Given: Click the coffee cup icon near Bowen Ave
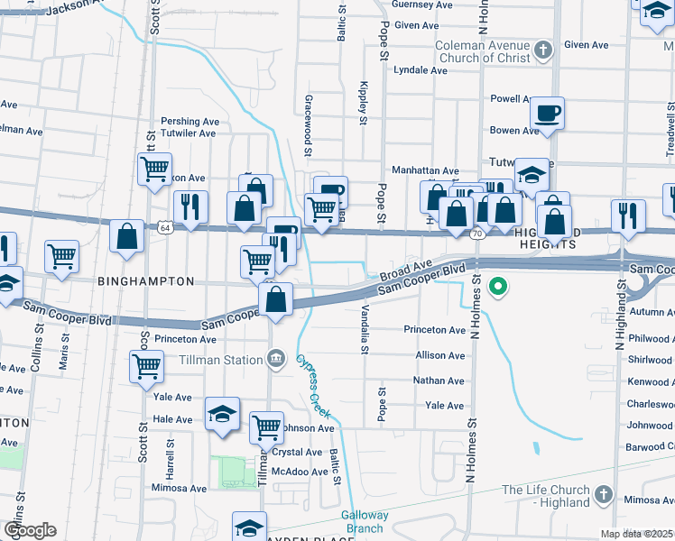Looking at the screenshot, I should (x=547, y=115).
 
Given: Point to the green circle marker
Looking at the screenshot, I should (x=496, y=288).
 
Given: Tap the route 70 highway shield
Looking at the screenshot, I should (x=476, y=234).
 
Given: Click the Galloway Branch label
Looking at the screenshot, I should (x=365, y=521).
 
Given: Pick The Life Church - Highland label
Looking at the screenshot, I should (x=546, y=496).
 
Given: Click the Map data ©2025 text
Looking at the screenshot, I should (x=637, y=534).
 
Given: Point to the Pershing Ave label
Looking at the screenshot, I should (x=190, y=121).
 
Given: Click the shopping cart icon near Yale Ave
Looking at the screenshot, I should (x=147, y=367).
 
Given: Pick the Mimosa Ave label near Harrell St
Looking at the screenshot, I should (x=180, y=489).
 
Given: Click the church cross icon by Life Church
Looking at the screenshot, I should (x=604, y=496).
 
